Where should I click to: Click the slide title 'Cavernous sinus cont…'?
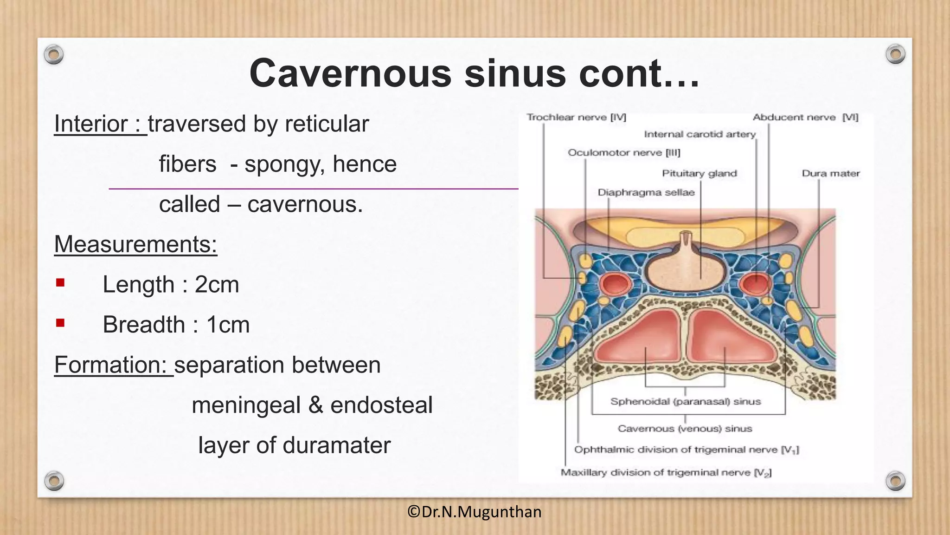pyautogui.click(x=474, y=73)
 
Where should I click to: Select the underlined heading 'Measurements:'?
pyautogui.click(x=135, y=244)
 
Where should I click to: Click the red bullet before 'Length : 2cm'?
pyautogui.click(x=60, y=283)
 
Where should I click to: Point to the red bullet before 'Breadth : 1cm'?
pyautogui.click(x=60, y=323)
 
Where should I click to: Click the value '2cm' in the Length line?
pyautogui.click(x=217, y=285)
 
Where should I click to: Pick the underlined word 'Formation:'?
pyautogui.click(x=110, y=365)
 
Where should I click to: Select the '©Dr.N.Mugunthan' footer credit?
pyautogui.click(x=474, y=512)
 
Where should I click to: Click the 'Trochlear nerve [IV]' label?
pyautogui.click(x=576, y=117)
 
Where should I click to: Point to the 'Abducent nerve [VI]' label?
pyautogui.click(x=805, y=117)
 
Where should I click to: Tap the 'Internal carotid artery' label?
pyautogui.click(x=700, y=135)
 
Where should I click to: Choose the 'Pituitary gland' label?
pyautogui.click(x=699, y=174)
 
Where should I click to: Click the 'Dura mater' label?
pyautogui.click(x=830, y=174)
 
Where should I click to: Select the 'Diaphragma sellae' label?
pyautogui.click(x=646, y=193)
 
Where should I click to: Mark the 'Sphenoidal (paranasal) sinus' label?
pyautogui.click(x=685, y=402)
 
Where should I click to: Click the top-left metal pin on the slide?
pyautogui.click(x=54, y=55)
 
